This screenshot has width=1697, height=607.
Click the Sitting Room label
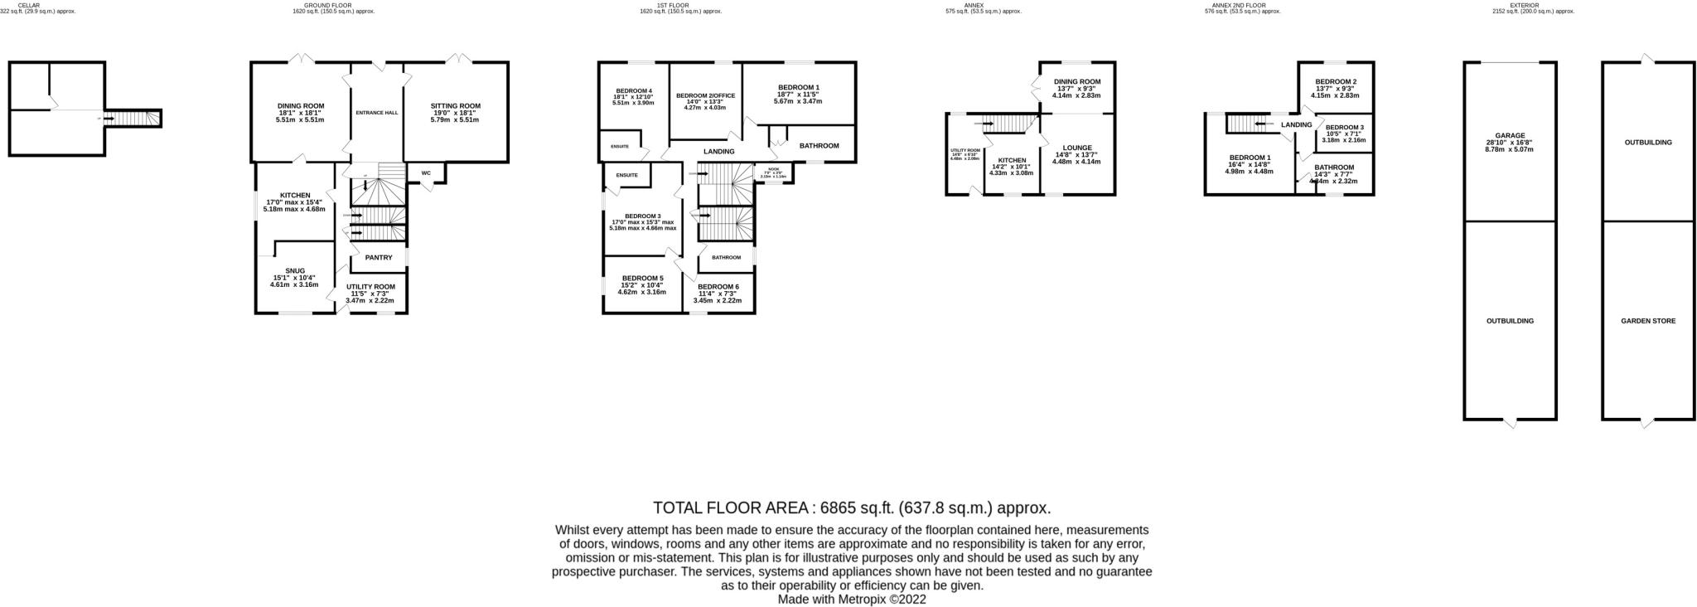click(455, 106)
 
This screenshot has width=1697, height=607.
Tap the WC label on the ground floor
click(426, 173)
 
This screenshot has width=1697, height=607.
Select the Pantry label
click(379, 258)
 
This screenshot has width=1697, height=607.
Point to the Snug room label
click(295, 270)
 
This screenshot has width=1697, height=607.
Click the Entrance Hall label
click(376, 113)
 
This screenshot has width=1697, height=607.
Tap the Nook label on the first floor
click(772, 169)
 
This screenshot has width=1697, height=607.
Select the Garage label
click(1509, 135)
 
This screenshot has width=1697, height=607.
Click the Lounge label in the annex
click(1077, 148)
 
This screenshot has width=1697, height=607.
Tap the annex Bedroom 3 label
click(1343, 127)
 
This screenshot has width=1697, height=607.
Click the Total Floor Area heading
click(852, 508)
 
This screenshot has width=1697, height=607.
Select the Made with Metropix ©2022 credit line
click(852, 600)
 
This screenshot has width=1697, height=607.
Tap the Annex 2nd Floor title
click(1242, 5)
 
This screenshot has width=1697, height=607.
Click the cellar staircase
click(133, 119)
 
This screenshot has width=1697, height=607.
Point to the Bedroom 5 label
click(642, 279)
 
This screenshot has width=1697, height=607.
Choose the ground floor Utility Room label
click(370, 287)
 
